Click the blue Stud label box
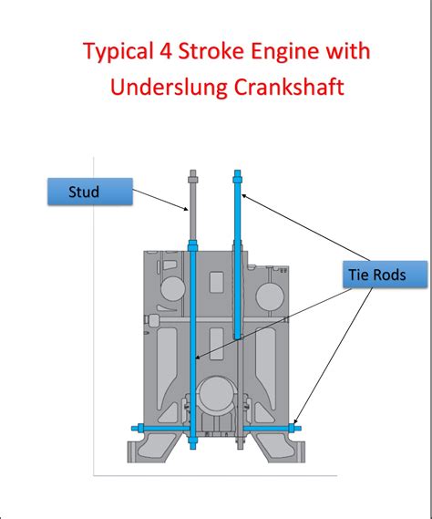tap(90, 192)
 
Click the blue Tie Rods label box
tap(385, 275)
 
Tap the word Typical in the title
tap(118, 52)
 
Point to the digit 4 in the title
tap(166, 51)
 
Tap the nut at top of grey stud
tap(193, 180)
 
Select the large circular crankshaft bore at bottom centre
tap(216, 395)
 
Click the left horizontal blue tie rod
tap(160, 428)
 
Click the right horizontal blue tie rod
tap(272, 429)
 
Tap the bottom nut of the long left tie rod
tap(192, 441)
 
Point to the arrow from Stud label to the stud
tap(160, 200)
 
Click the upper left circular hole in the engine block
tap(172, 288)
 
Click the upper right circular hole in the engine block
tap(270, 296)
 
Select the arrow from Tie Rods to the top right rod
tap(306, 228)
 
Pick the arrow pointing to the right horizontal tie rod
tap(334, 356)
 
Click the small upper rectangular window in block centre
tap(216, 282)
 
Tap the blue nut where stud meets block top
tap(192, 245)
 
